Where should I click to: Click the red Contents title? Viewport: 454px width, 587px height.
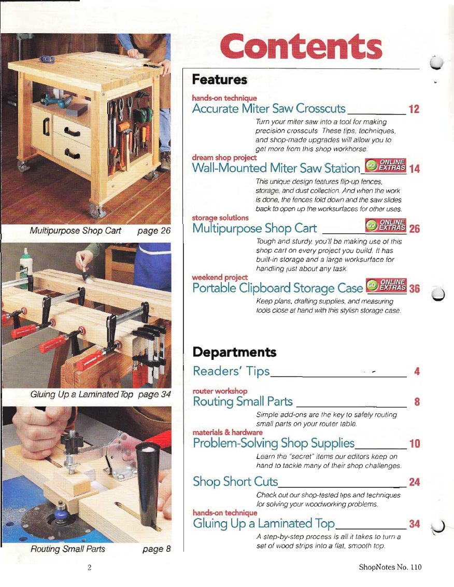coord(301,46)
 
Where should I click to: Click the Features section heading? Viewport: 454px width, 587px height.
coord(220,80)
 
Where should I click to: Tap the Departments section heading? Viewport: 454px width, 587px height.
coord(234,352)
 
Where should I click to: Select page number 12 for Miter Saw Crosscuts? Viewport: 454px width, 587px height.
coord(414,109)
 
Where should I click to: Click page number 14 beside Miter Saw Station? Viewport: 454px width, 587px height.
coord(414,169)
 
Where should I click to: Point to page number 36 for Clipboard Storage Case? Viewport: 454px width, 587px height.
coord(414,289)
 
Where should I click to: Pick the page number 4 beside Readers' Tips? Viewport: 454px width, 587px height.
coord(417,371)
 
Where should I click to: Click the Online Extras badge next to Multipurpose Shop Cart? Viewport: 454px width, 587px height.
coord(386,225)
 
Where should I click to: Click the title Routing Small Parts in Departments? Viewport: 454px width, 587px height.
coord(243,401)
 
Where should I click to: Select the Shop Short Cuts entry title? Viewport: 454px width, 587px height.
coord(235,481)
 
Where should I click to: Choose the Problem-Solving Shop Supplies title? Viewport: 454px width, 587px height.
coord(274,443)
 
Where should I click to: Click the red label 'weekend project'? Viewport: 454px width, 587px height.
coord(220,277)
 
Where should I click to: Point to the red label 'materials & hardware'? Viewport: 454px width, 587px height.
coord(228,432)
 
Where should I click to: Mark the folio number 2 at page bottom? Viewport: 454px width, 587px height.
coord(90,567)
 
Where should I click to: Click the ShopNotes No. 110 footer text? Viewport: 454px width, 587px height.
coord(390,567)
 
